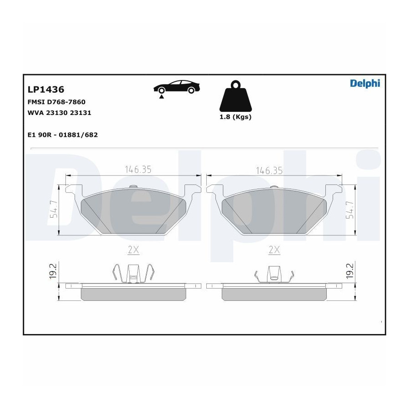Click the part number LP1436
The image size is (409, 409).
[46, 90]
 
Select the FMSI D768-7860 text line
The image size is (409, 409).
[56, 102]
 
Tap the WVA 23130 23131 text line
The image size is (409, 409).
[59, 113]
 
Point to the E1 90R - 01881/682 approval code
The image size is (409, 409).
[63, 135]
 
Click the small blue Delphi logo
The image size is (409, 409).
[365, 84]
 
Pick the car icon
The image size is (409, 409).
[177, 87]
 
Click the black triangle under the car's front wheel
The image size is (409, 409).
[162, 97]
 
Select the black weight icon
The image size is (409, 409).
[235, 96]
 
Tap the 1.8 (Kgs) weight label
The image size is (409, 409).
[235, 117]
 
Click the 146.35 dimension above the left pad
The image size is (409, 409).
[138, 170]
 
